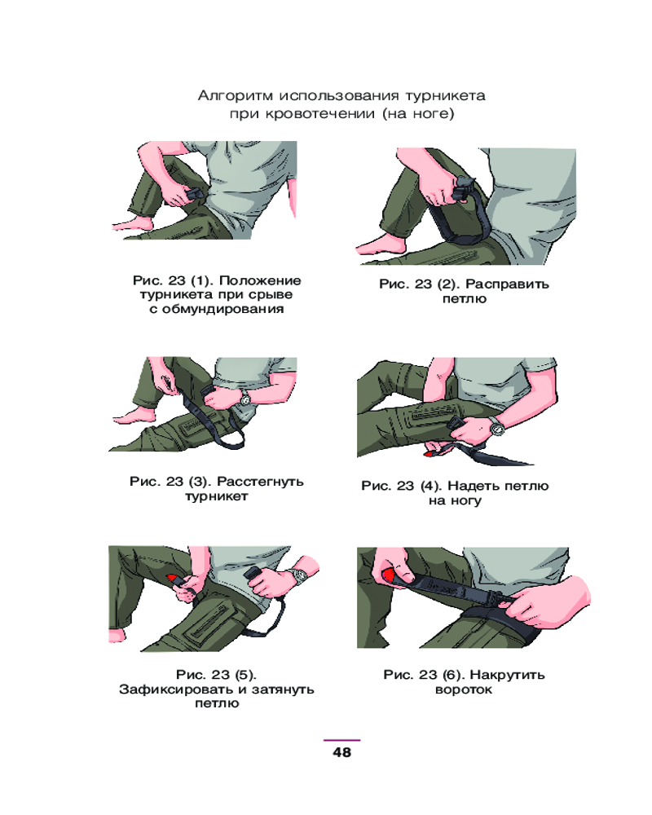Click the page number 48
click(x=341, y=752)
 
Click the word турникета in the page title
click(x=445, y=96)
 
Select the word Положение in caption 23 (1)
click(x=260, y=280)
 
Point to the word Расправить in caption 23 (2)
click(x=507, y=284)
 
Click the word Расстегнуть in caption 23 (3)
click(x=260, y=482)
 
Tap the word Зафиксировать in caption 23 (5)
click(x=176, y=689)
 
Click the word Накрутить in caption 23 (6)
click(x=507, y=675)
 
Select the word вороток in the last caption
click(x=463, y=689)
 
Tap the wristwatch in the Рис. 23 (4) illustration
click(x=497, y=427)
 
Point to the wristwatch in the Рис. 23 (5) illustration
click(x=299, y=575)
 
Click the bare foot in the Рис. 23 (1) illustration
click(x=133, y=224)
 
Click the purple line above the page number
click(x=341, y=740)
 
